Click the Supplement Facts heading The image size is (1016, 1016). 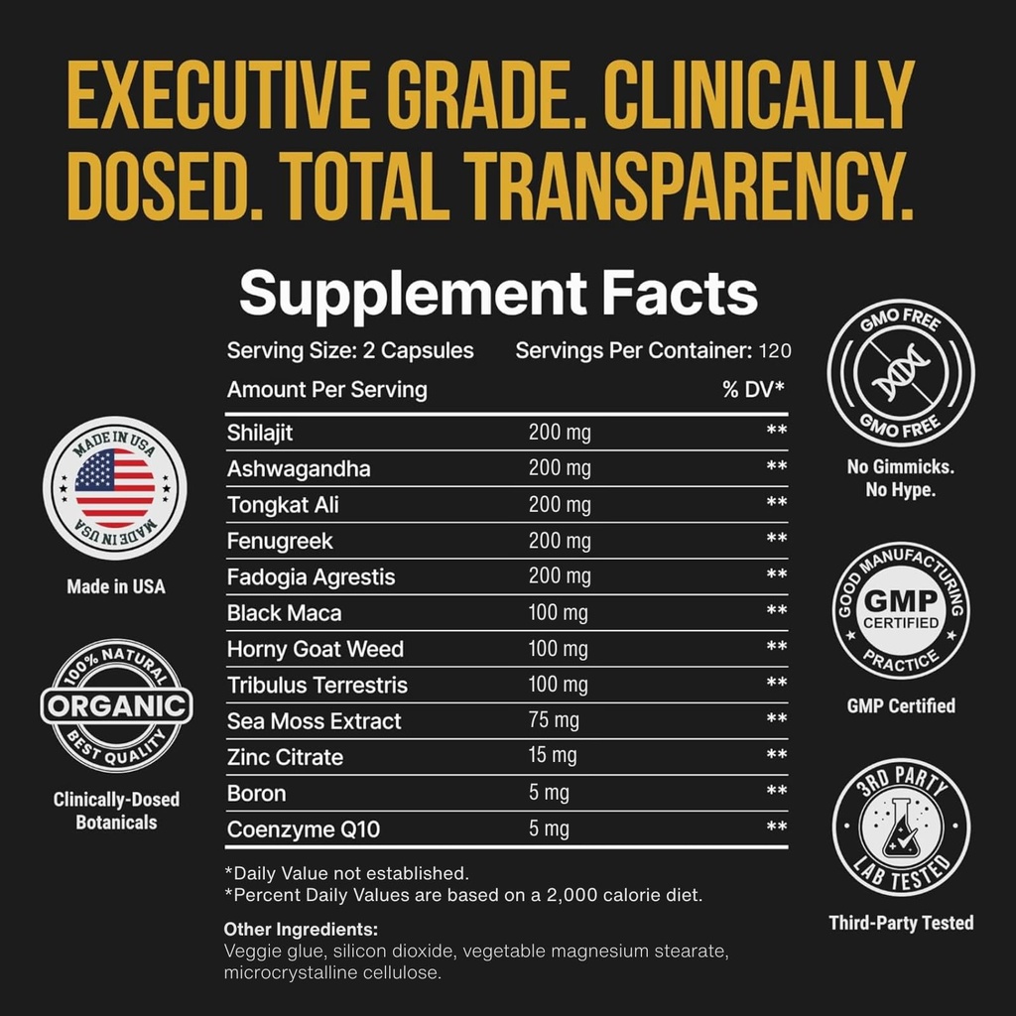[x=498, y=294]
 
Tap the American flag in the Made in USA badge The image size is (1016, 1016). [x=115, y=487]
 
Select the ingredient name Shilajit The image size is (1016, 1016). [x=260, y=433]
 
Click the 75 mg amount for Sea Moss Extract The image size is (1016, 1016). [x=552, y=720]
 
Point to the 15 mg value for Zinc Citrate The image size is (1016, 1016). [x=552, y=756]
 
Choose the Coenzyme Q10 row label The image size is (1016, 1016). [x=303, y=828]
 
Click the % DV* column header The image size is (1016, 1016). [x=753, y=390]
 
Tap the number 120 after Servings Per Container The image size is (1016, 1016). [x=775, y=351]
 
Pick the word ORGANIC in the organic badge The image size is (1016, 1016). [x=116, y=705]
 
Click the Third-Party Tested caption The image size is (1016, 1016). [x=901, y=923]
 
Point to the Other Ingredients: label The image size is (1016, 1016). [x=301, y=930]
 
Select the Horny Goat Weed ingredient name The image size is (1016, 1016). [x=315, y=649]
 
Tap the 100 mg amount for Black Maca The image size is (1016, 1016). [x=559, y=612]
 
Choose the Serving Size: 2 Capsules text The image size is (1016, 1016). [x=350, y=351]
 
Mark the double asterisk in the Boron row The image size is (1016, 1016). [x=776, y=793]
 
